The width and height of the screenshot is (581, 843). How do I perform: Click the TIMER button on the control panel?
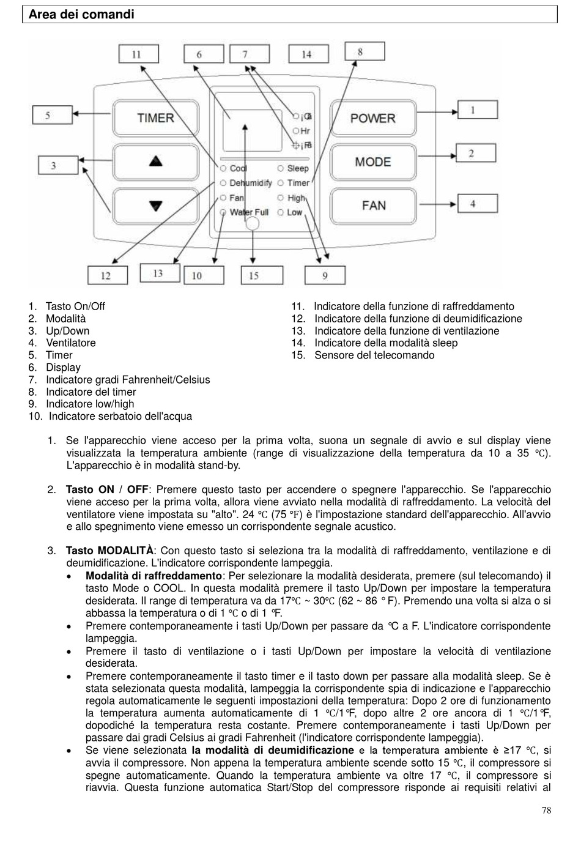pyautogui.click(x=155, y=117)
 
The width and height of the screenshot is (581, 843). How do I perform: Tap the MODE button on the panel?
pyautogui.click(x=372, y=162)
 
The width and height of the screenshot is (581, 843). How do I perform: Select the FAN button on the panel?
pyautogui.click(x=373, y=205)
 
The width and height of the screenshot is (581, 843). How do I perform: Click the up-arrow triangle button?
pyautogui.click(x=156, y=162)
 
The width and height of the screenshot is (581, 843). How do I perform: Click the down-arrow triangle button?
pyautogui.click(x=156, y=206)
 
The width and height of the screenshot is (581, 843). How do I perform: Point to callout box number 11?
pyautogui.click(x=136, y=54)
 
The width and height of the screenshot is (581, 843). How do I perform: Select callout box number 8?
pyautogui.click(x=360, y=51)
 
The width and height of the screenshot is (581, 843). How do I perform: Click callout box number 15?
pyautogui.click(x=254, y=276)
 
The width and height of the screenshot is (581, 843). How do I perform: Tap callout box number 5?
pyautogui.click(x=48, y=115)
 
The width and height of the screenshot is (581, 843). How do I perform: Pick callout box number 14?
pyautogui.click(x=306, y=54)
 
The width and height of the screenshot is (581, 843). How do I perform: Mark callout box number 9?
pyautogui.click(x=325, y=276)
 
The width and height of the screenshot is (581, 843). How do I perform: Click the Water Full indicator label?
pyautogui.click(x=249, y=212)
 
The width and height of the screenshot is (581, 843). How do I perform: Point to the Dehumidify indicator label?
pyautogui.click(x=250, y=183)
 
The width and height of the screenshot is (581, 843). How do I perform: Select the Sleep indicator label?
pyautogui.click(x=298, y=168)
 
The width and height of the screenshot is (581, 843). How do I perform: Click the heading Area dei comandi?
pyautogui.click(x=81, y=14)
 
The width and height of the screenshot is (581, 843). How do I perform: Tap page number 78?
pyautogui.click(x=546, y=811)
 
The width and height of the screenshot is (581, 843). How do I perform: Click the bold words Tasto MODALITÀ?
pyautogui.click(x=109, y=551)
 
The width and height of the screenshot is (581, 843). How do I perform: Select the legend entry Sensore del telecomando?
pyautogui.click(x=374, y=355)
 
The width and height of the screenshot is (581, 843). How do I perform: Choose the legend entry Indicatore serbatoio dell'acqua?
pyautogui.click(x=120, y=417)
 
